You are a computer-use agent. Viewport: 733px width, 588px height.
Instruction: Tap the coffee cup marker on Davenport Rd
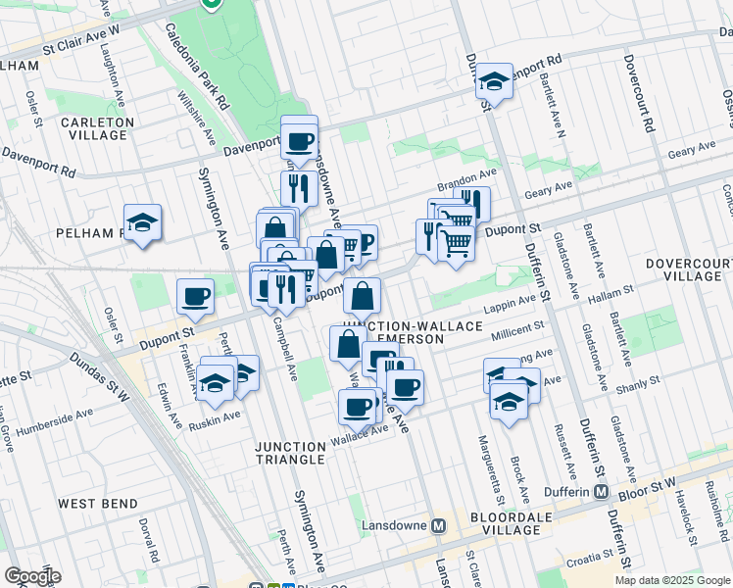tap(300, 137)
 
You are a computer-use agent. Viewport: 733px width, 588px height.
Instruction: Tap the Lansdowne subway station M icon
tap(440, 524)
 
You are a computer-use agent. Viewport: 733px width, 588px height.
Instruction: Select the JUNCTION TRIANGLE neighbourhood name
tap(289, 453)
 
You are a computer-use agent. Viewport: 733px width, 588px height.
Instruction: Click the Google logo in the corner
tap(32, 576)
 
